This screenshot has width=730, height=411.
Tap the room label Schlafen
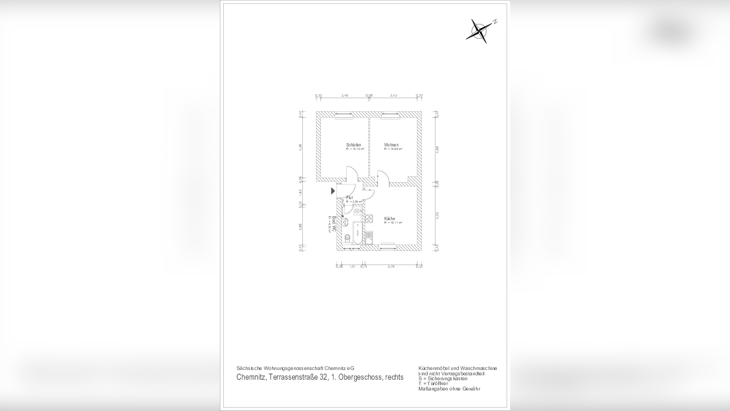354,145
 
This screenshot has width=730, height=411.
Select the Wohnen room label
391,145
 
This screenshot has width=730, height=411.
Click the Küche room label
390,219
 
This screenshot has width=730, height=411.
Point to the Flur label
349,198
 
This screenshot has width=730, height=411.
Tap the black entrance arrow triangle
333,191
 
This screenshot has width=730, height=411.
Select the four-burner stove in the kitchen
369,219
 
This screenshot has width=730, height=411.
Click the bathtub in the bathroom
357,234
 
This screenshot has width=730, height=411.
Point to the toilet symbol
347,238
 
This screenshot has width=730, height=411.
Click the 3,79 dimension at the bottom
391,267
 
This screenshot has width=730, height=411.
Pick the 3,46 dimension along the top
344,96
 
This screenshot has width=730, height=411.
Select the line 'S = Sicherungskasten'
443,379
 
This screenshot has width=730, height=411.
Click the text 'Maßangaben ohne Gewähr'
449,389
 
